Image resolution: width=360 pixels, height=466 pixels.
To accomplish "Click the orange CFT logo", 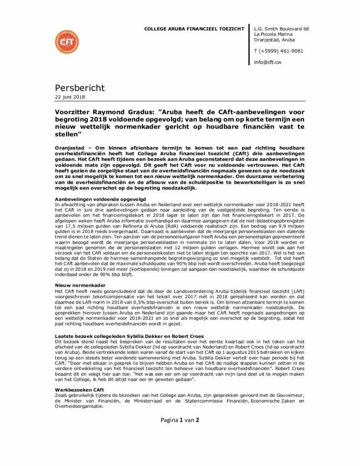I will point(66,42).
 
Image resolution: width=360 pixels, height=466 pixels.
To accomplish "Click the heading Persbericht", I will point(80,87).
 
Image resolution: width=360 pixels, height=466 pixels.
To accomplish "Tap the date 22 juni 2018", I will point(70,97).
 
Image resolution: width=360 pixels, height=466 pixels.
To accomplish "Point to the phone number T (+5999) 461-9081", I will point(279,51).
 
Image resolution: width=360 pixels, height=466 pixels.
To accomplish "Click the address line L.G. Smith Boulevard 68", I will point(281,29).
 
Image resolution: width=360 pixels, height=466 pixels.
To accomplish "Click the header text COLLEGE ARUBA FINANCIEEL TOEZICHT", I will point(194,29).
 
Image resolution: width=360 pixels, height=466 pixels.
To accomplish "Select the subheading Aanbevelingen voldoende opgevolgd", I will point(100,199).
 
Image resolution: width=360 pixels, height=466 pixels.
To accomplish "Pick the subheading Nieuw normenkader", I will point(77,285).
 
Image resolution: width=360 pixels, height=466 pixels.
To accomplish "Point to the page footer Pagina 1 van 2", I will point(180,420).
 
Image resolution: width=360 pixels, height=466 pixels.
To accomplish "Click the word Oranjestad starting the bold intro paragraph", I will point(72,149).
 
